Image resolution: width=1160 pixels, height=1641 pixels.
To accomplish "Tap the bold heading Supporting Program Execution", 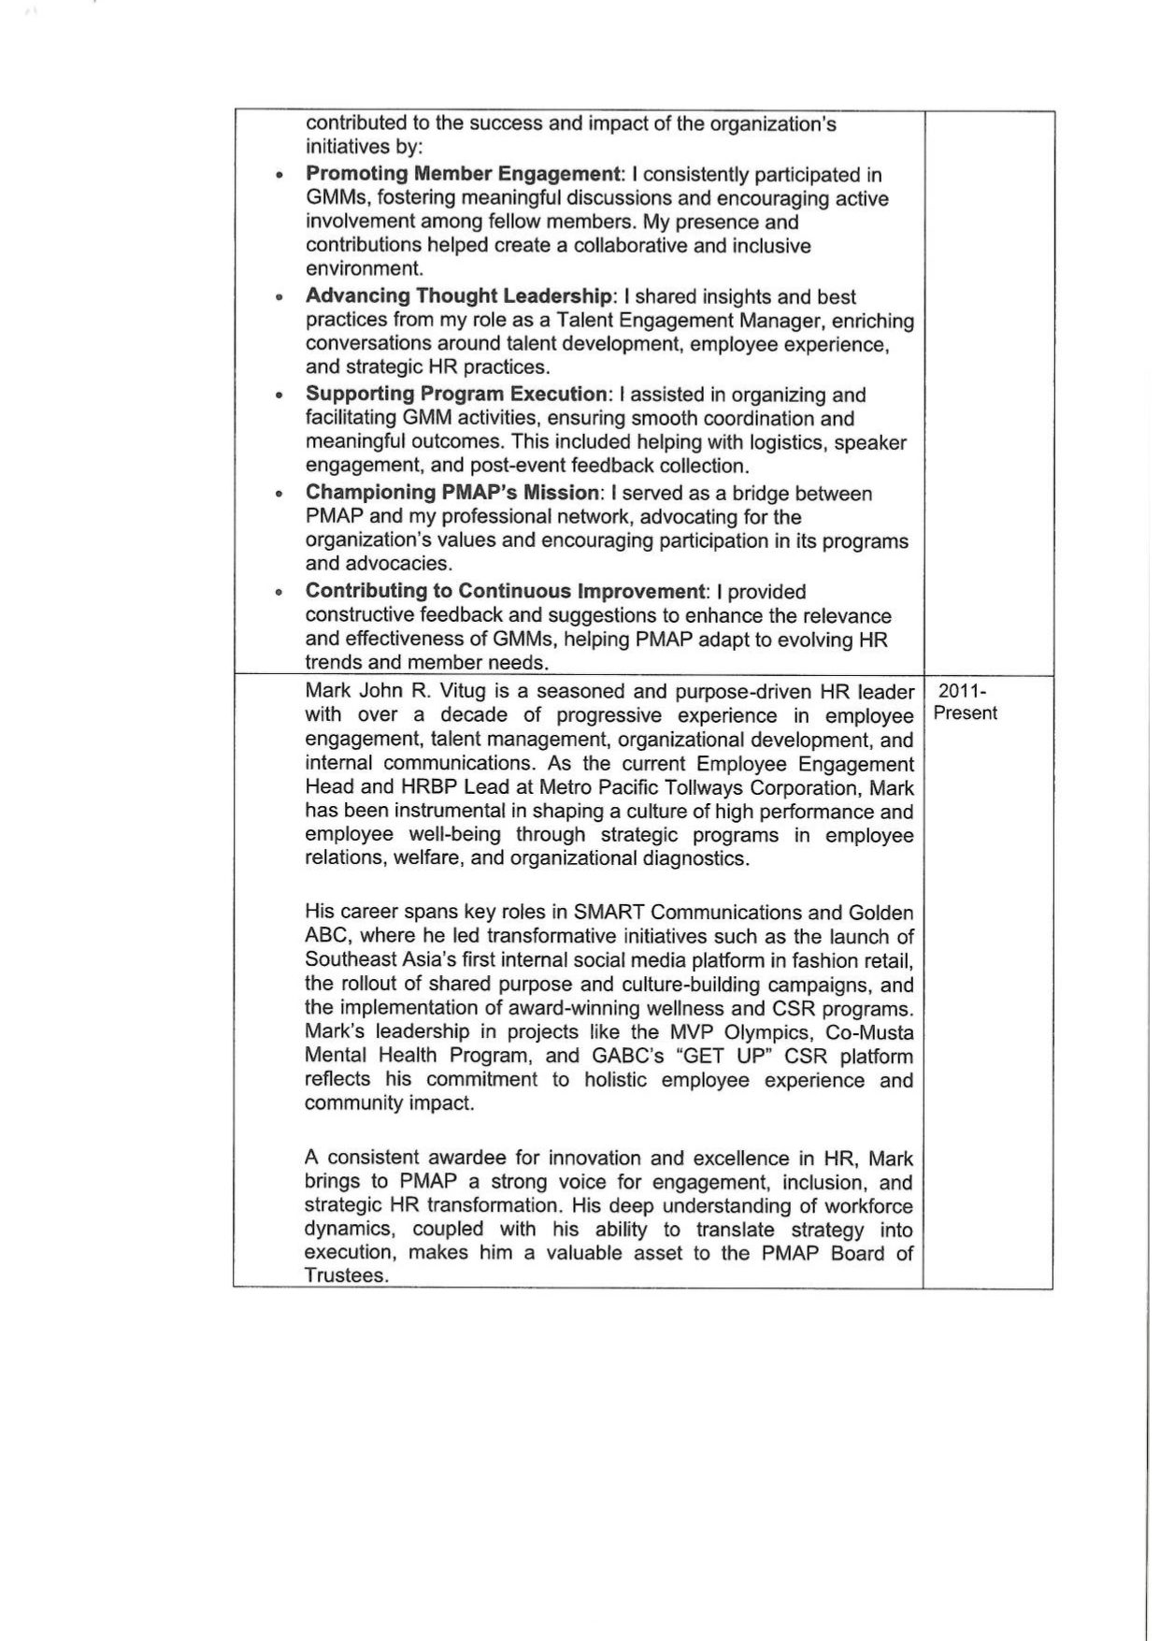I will (x=456, y=395).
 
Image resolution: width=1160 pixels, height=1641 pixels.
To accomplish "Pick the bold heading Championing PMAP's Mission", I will (x=451, y=493).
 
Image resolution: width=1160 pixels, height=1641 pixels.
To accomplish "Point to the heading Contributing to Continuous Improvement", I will (x=505, y=591).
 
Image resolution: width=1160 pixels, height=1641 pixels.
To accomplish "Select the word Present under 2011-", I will (x=966, y=713).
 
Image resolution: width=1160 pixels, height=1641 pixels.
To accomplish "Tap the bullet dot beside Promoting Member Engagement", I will (x=279, y=175).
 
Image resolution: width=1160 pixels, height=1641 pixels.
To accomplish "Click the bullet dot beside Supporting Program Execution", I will (x=279, y=396).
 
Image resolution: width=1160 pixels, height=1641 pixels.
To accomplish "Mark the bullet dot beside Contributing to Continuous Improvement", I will (x=279, y=592).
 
